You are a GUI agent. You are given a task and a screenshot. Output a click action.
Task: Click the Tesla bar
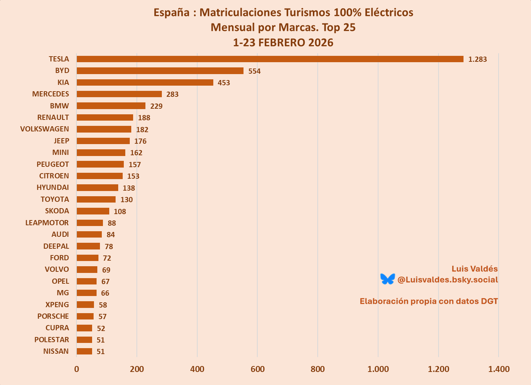pyautogui.click(x=270, y=59)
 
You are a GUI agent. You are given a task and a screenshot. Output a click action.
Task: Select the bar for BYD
pyautogui.click(x=160, y=71)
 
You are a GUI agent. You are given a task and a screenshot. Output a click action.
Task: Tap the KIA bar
pyautogui.click(x=145, y=83)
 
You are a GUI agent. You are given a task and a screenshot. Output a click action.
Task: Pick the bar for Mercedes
pyautogui.click(x=119, y=94)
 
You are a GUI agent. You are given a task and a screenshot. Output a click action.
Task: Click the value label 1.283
pyautogui.click(x=477, y=59)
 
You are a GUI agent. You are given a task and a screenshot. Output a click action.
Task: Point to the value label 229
pyautogui.click(x=156, y=106)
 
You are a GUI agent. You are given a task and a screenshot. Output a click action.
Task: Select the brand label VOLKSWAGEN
pyautogui.click(x=44, y=129)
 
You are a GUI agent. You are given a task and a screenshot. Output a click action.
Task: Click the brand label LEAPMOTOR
pyautogui.click(x=47, y=223)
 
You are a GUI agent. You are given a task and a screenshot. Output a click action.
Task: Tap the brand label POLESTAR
pyautogui.click(x=51, y=340)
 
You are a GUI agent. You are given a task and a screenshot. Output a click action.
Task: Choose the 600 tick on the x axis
pyautogui.click(x=257, y=369)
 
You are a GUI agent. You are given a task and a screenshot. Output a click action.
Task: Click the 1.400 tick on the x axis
pyautogui.click(x=499, y=369)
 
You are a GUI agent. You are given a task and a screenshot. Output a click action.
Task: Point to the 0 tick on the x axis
pyautogui.click(x=76, y=369)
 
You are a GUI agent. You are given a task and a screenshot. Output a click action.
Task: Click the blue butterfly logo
pyautogui.click(x=387, y=279)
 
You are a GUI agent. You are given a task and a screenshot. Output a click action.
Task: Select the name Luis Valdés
pyautogui.click(x=474, y=269)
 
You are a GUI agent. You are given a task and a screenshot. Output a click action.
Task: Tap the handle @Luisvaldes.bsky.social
pyautogui.click(x=447, y=280)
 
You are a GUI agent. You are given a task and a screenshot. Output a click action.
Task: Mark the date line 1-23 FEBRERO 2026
pyautogui.click(x=283, y=42)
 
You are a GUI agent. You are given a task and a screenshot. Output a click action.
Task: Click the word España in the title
pyautogui.click(x=172, y=13)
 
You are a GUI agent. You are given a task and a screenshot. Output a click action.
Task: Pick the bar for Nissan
pyautogui.click(x=84, y=351)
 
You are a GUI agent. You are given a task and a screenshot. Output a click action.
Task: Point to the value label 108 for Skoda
pyautogui.click(x=120, y=211)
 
